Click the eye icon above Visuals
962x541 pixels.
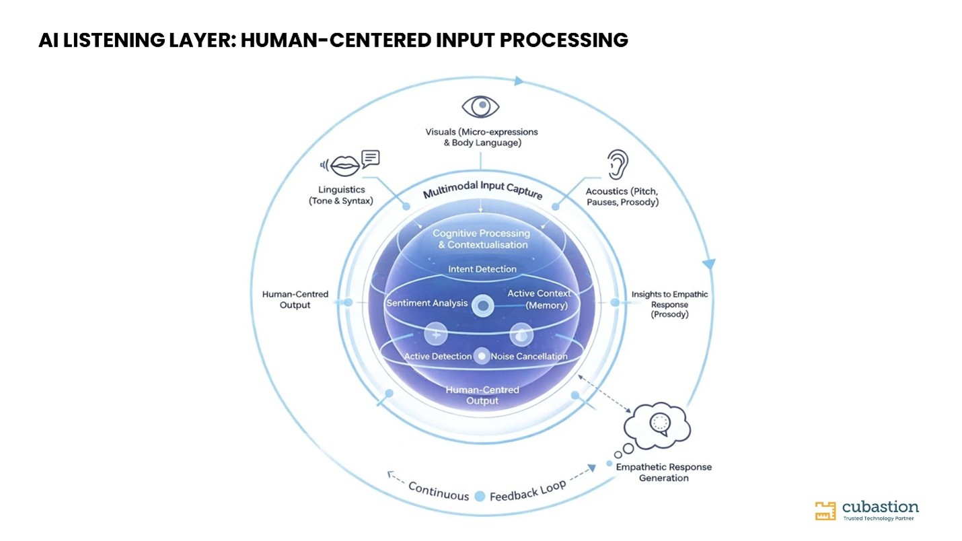pyautogui.click(x=480, y=106)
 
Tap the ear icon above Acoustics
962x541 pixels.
pyautogui.click(x=618, y=164)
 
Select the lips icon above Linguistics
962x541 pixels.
pyautogui.click(x=344, y=166)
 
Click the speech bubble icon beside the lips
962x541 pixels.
pyautogui.click(x=371, y=159)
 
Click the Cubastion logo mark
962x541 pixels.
pyautogui.click(x=825, y=511)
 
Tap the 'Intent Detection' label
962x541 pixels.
pyautogui.click(x=482, y=269)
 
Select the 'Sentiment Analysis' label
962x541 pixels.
pyautogui.click(x=427, y=303)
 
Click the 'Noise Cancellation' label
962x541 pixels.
pyautogui.click(x=529, y=356)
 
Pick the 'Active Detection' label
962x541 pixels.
pyautogui.click(x=438, y=356)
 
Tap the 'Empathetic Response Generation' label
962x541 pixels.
pyautogui.click(x=663, y=472)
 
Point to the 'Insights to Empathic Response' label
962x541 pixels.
pyautogui.click(x=669, y=304)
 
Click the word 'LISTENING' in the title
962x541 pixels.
pyautogui.click(x=114, y=40)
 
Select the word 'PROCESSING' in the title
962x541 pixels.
pyautogui.click(x=564, y=40)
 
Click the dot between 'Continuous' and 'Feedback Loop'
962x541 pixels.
pyautogui.click(x=480, y=497)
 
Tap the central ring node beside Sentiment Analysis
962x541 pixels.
pyautogui.click(x=483, y=306)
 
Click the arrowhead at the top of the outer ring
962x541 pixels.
pyautogui.click(x=519, y=81)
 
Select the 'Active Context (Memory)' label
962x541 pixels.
pyautogui.click(x=539, y=299)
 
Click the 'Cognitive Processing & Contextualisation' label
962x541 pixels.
pyautogui.click(x=482, y=239)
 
